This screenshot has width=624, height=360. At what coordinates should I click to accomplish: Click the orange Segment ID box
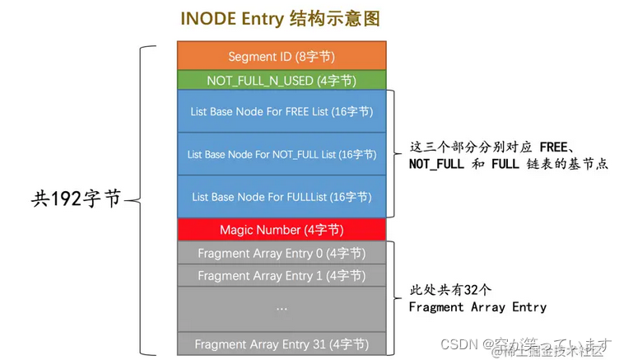282,56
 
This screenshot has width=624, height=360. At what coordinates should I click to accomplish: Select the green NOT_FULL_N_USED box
282,80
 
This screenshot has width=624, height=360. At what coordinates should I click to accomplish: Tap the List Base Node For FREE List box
282,111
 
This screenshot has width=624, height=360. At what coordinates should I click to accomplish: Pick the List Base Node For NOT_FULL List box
282,154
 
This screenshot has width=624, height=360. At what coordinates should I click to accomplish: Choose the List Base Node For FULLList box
282,197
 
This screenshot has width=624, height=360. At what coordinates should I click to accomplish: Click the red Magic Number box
282,230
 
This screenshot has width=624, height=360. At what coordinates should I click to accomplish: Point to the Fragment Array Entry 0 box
282,253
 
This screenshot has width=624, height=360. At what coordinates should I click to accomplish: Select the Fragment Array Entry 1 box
282,275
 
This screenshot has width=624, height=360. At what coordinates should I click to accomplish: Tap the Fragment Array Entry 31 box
282,344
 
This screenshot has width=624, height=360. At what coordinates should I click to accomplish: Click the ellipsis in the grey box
282,308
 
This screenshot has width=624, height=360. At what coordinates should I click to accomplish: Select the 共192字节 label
76,198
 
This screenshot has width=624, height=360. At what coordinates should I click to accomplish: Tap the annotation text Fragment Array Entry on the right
477,306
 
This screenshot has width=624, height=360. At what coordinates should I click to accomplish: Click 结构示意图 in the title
339,17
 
